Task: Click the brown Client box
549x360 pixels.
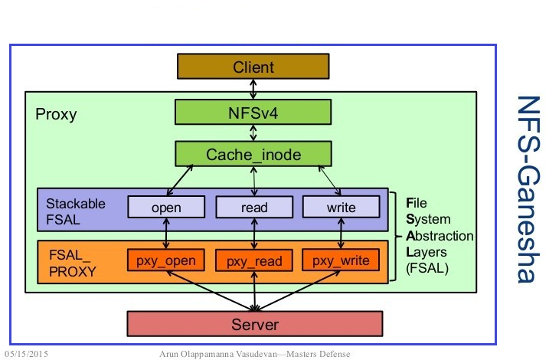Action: click(253, 67)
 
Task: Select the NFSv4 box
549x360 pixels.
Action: click(253, 113)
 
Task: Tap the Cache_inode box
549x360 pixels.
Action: click(253, 154)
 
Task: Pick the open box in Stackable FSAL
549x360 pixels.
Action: click(166, 207)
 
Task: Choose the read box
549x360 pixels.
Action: click(253, 207)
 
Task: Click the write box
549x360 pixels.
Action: click(341, 207)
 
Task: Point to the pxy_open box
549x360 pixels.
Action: click(166, 260)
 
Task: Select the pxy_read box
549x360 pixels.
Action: click(253, 261)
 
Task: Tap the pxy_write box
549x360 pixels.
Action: click(341, 260)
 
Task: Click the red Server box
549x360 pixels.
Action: click(253, 324)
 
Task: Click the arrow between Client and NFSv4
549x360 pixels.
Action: click(253, 90)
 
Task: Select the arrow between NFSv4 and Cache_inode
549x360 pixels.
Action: click(253, 133)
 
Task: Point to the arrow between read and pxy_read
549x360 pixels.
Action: click(253, 234)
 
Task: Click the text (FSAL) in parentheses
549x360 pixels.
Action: click(426, 269)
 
